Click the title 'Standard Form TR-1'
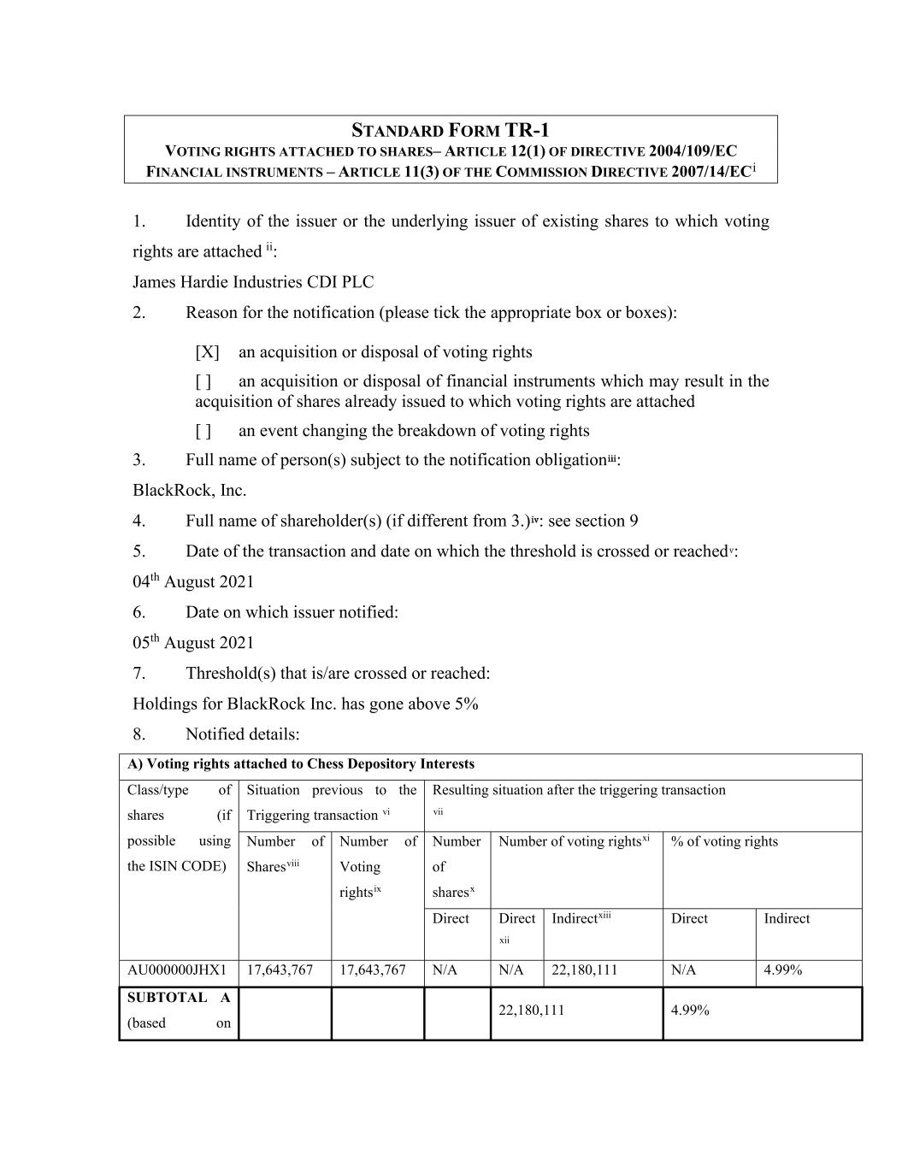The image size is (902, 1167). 451,131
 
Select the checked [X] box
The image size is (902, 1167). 207,352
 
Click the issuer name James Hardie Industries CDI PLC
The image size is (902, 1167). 253,282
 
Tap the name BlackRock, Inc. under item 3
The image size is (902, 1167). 189,491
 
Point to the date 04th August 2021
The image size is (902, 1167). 193,582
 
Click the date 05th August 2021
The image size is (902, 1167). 193,643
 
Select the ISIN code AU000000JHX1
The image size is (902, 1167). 177,970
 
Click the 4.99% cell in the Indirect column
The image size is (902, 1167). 782,970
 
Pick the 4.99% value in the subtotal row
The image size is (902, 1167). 690,1011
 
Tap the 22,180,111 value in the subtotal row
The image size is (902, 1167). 531,1011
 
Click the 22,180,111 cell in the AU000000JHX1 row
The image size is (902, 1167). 585,970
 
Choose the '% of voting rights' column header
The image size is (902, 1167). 724,842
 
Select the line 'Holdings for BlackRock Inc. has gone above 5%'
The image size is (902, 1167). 305,704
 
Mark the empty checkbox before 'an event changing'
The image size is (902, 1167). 203,431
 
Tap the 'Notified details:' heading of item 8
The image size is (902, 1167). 242,734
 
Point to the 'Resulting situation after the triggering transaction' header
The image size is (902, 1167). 579,791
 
